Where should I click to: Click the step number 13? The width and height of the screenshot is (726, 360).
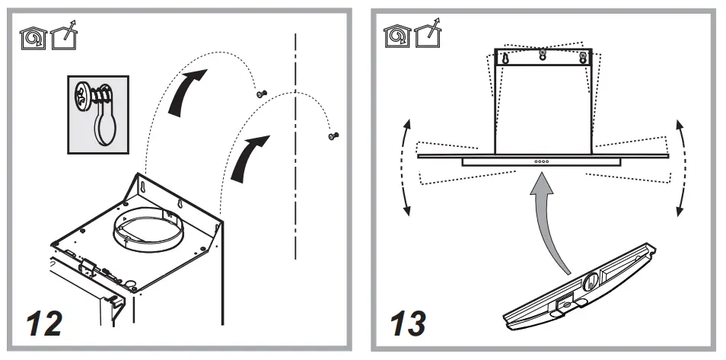[x=409, y=323]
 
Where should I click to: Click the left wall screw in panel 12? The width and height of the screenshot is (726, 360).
[x=261, y=93]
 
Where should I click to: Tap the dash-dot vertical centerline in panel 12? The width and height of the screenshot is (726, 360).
[x=294, y=152]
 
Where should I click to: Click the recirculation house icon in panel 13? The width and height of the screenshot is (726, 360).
[x=393, y=34]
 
